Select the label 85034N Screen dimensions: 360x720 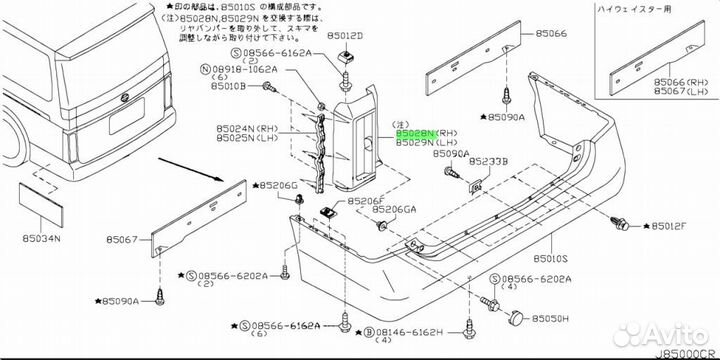tap(41, 238)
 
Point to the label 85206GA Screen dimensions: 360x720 tap(394, 209)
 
